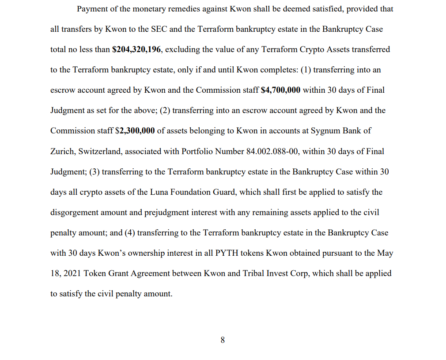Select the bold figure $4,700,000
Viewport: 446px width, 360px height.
pos(281,90)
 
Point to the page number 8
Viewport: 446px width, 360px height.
pos(223,340)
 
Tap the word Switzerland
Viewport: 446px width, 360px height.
pos(100,152)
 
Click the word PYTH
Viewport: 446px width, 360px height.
pos(227,253)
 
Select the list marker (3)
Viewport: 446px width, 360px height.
pos(94,172)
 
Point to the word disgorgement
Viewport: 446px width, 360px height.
pos(74,212)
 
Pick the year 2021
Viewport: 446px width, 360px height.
pos(72,273)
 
